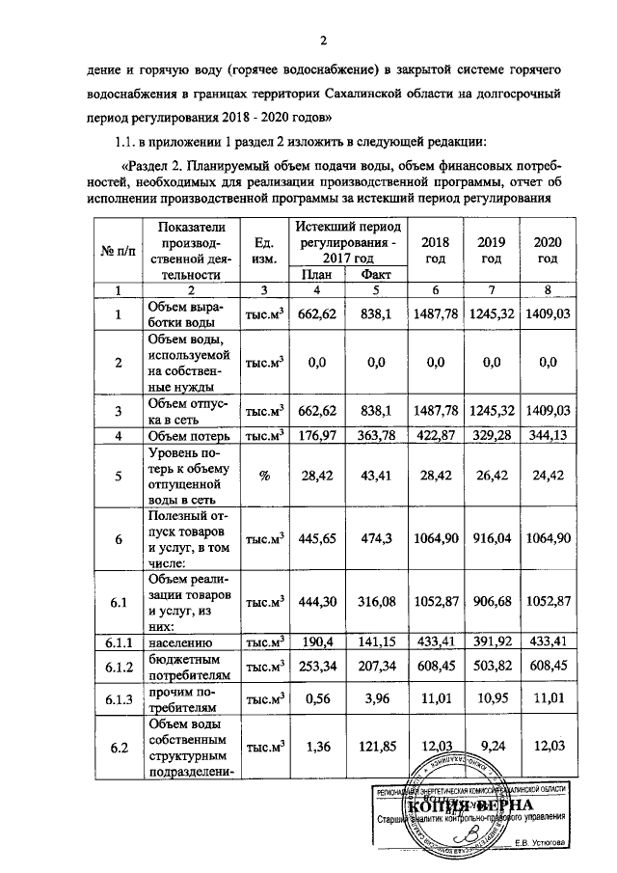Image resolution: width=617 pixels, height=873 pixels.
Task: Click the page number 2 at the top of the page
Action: pyautogui.click(x=325, y=41)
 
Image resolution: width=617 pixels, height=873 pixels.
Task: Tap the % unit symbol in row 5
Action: pyautogui.click(x=262, y=477)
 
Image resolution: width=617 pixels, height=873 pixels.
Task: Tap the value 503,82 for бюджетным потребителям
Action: pyautogui.click(x=492, y=665)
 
